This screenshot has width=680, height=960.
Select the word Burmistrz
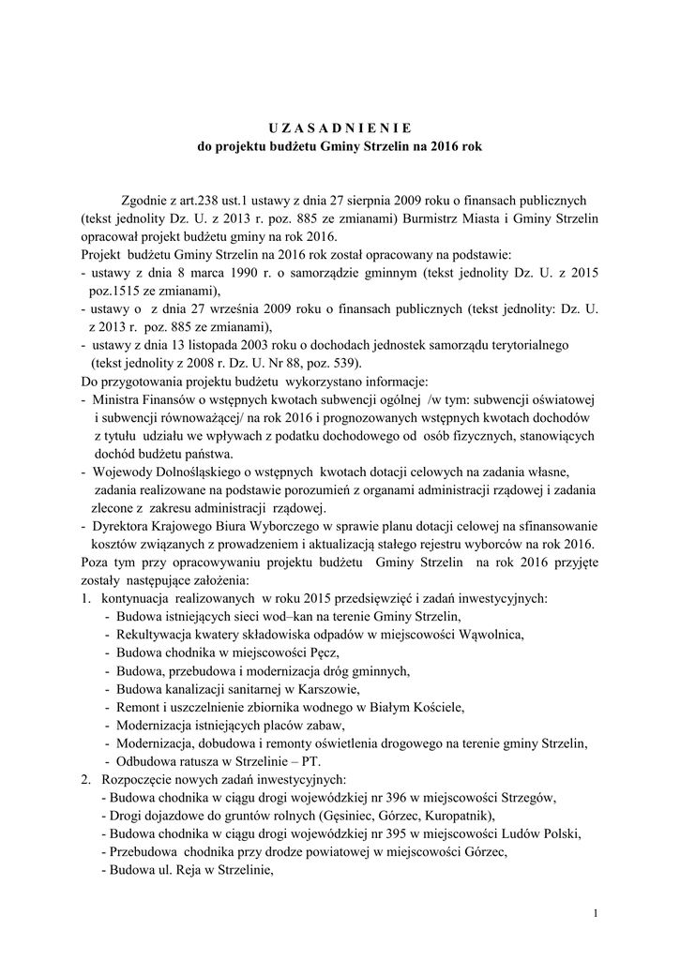click(x=437, y=217)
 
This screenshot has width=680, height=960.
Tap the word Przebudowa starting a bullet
click(x=147, y=851)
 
